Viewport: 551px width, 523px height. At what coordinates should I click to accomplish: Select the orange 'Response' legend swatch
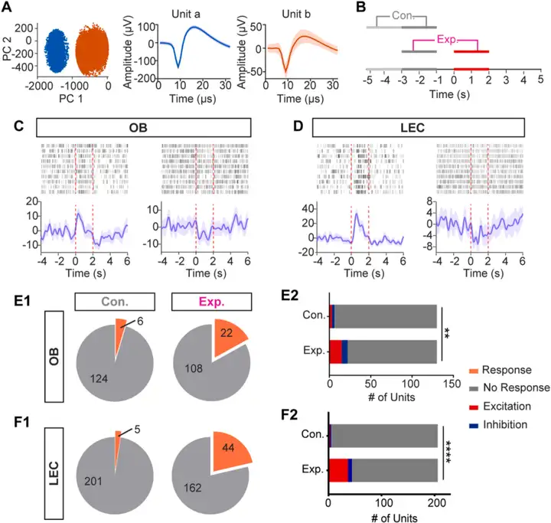tap(466, 369)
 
